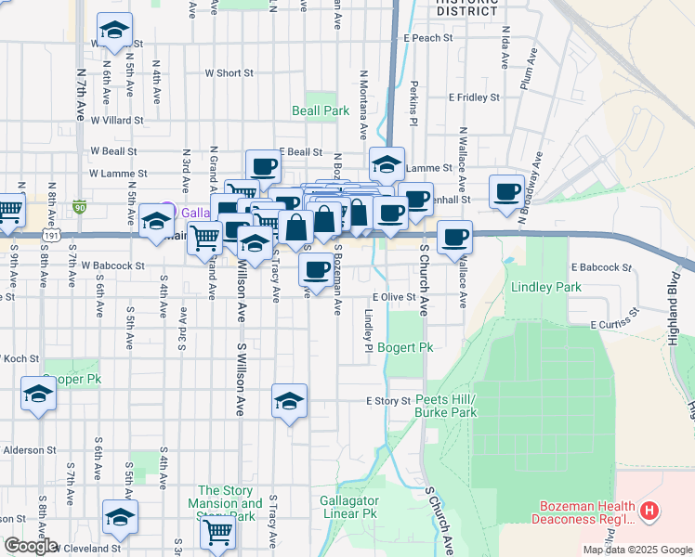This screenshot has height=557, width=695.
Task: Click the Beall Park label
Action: pos(321,111)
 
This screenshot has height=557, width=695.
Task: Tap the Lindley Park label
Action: pos(546,288)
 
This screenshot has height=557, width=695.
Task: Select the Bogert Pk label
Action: pos(406,348)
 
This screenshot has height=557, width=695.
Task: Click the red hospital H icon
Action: pos(649,511)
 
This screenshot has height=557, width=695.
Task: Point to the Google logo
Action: pos(31,546)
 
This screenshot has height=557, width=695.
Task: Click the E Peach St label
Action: pos(427,38)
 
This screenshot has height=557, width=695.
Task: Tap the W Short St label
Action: pos(229,72)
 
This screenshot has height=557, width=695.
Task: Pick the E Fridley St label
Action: pos(474,97)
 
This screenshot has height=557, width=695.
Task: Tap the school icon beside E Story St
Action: pos(289,401)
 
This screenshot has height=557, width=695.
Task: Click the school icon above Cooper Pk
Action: pos(39,394)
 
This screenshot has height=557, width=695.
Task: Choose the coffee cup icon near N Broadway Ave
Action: pos(507,191)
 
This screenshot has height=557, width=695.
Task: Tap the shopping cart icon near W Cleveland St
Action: pos(217,533)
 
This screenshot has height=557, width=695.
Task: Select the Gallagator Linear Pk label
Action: pos(348,506)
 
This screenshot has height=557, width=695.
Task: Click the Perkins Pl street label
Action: pos(414,103)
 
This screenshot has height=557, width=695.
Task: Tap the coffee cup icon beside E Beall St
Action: pos(263,166)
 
